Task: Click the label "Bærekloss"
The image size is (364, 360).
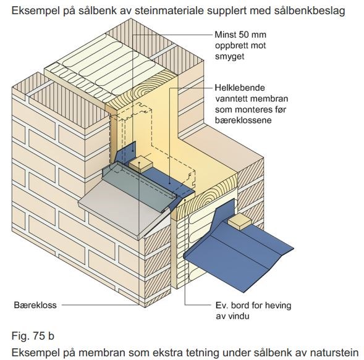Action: coord(35,305)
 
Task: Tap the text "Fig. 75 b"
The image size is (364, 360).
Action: coord(33,336)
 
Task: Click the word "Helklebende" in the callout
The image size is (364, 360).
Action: coord(240,88)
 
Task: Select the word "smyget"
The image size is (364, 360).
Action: coord(229,56)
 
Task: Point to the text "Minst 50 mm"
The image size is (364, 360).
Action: coord(240,35)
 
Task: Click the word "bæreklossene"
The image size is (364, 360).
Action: coord(243,120)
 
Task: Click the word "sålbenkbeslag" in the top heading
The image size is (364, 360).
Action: coord(310,11)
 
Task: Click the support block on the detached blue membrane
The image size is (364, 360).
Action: coord(239,221)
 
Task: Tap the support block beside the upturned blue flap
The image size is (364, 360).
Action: coord(141,164)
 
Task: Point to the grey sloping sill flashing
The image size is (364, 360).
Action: coord(125,204)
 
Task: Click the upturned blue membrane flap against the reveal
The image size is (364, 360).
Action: coord(126,153)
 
